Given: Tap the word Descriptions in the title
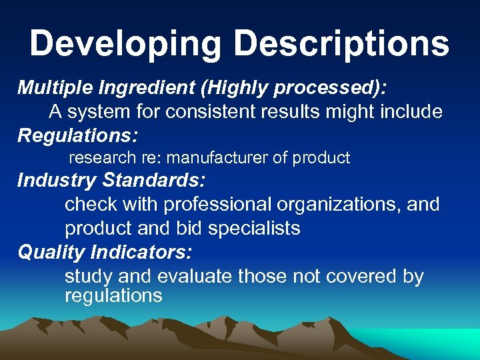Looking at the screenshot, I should click(x=342, y=44).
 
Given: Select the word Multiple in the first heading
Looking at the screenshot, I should click(x=54, y=87).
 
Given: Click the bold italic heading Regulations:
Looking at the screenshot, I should click(x=77, y=135).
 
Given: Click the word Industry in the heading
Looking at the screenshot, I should click(x=57, y=180).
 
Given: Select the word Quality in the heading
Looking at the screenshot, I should click(x=51, y=252).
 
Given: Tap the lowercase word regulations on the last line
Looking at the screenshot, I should click(x=113, y=295).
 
